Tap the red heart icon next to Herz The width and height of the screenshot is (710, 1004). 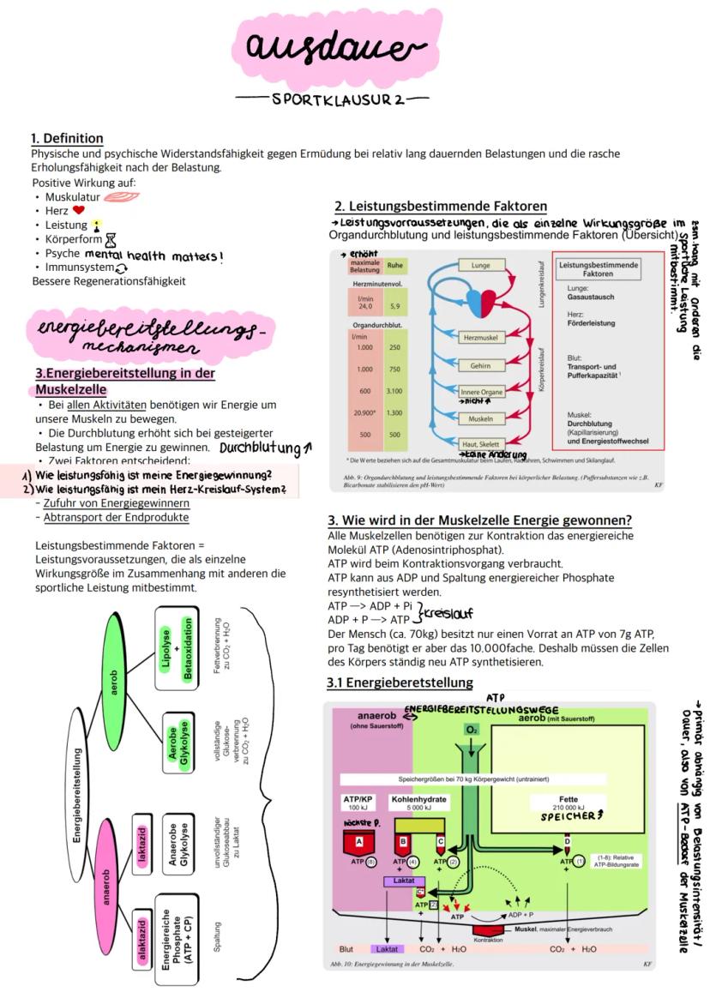79,210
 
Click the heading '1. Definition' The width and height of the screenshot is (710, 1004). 67,138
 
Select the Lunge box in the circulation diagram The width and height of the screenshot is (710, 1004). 481,266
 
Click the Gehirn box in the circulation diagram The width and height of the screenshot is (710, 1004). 480,365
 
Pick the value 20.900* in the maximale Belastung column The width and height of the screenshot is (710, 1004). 364,413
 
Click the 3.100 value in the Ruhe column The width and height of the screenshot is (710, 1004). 394,391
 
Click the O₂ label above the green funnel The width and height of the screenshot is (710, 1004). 472,729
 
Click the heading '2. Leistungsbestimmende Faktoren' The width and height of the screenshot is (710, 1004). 441,207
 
